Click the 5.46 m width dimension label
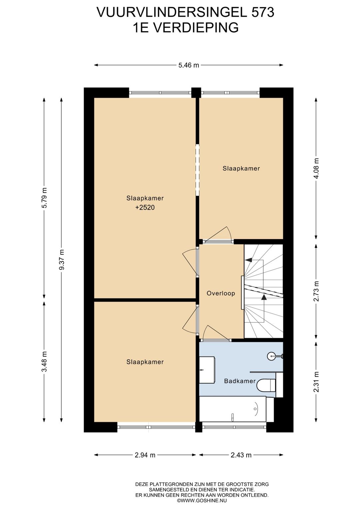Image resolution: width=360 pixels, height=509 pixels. (x=189, y=65)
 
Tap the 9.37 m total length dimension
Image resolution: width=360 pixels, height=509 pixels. (x=61, y=260)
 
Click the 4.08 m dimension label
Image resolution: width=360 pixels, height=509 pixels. (x=316, y=168)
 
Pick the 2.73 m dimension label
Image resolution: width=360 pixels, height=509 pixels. (x=316, y=291)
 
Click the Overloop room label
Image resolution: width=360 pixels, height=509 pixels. (x=221, y=293)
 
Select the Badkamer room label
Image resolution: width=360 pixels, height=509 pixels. (x=240, y=381)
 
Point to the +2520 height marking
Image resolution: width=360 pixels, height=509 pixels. (x=145, y=207)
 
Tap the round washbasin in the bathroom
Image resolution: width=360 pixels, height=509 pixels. (x=272, y=356)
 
